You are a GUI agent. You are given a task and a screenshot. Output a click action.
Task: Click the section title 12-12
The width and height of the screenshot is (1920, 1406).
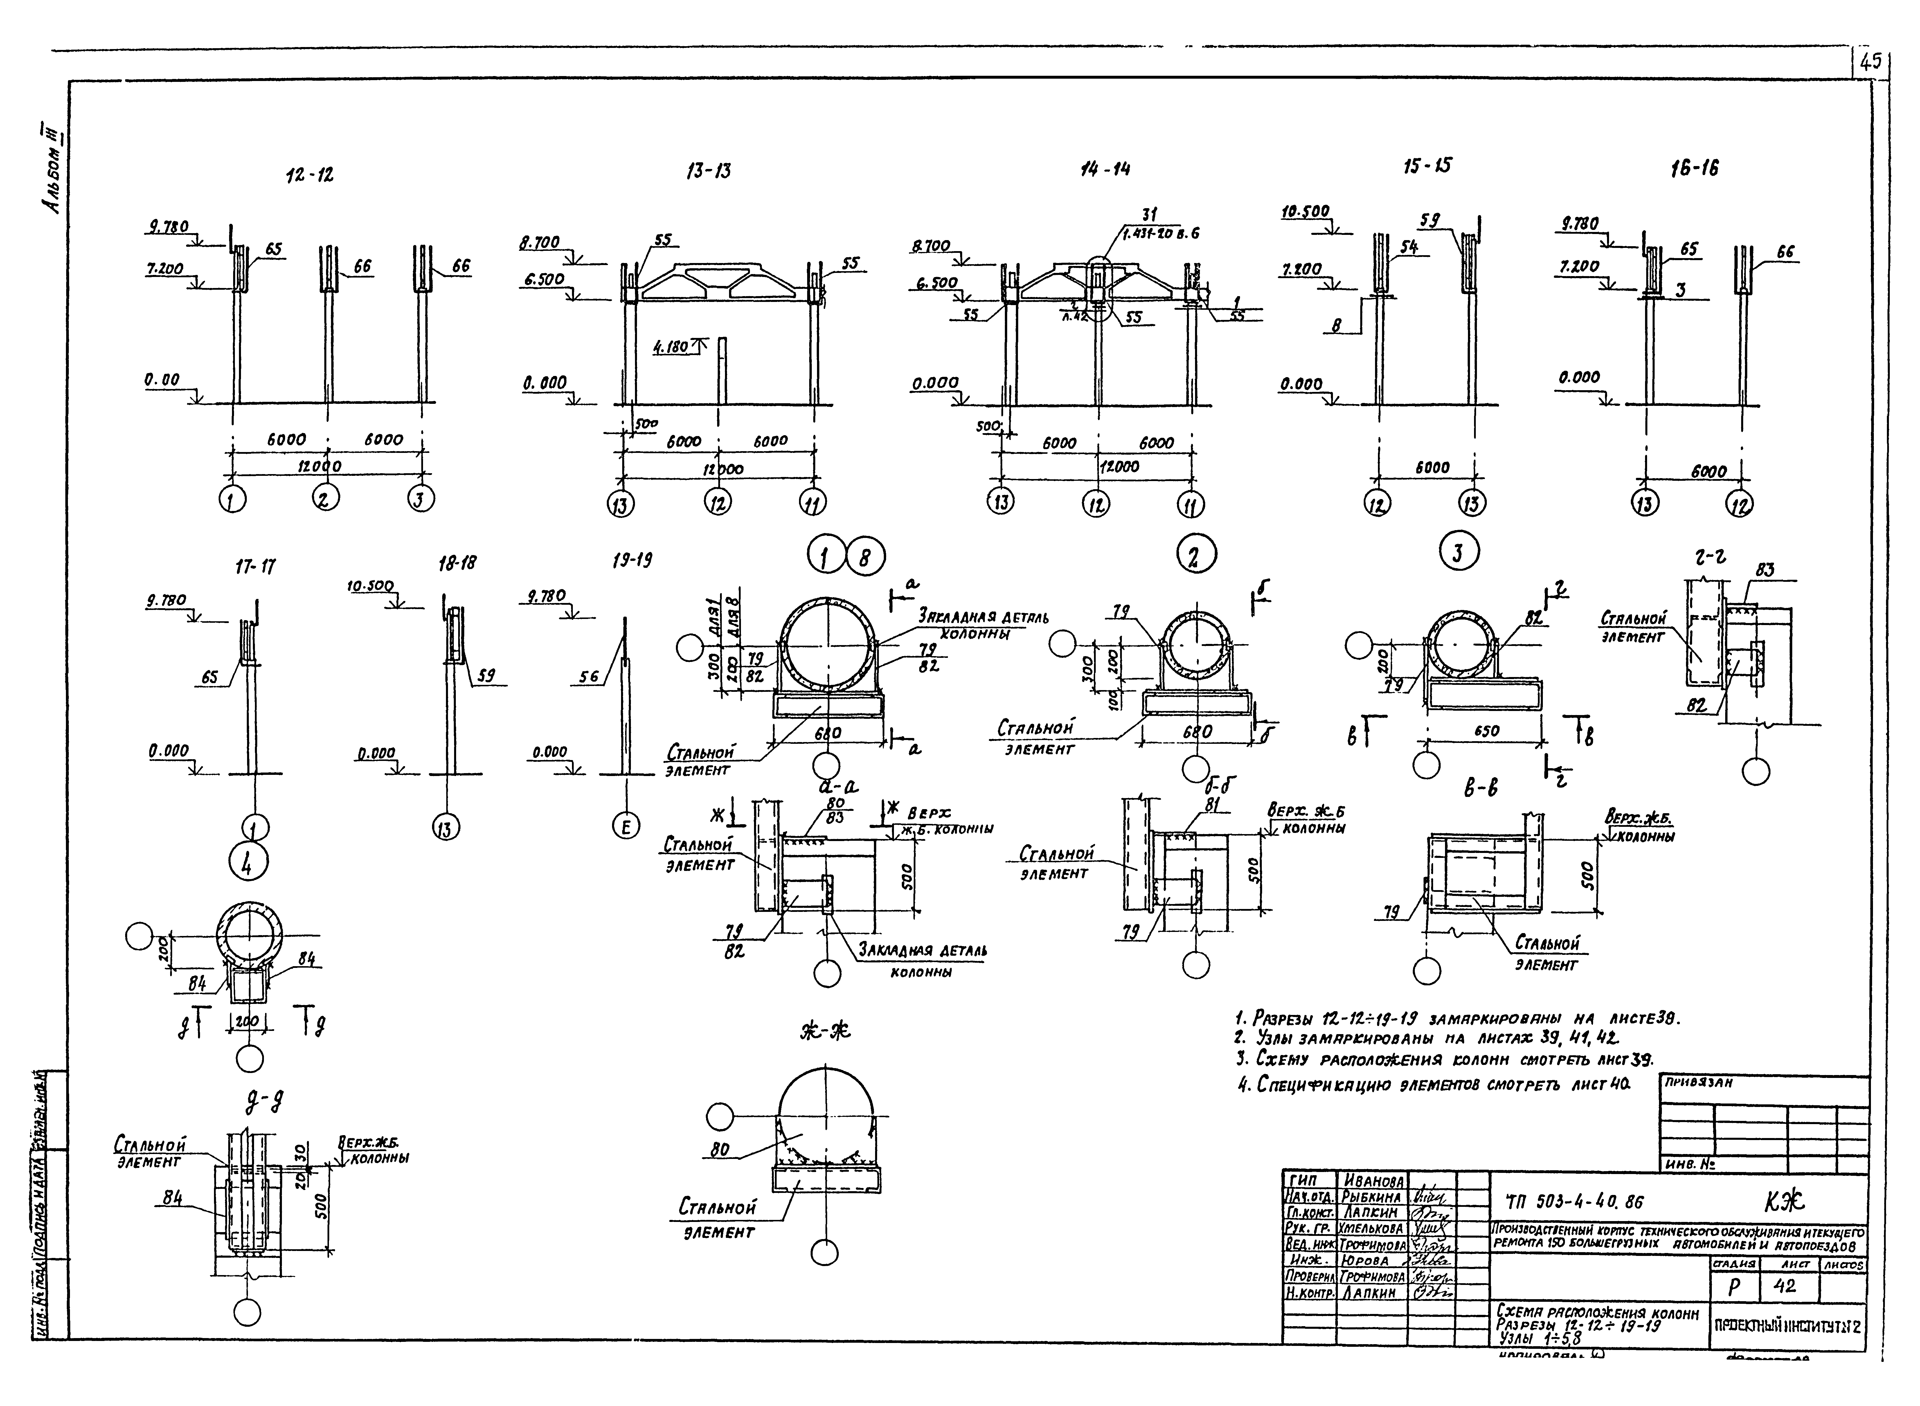click(x=310, y=175)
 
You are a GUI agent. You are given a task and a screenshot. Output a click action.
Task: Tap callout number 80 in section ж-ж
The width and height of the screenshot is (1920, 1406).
click(x=720, y=1150)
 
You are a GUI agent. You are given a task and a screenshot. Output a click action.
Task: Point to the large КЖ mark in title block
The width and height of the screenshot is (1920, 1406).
click(x=1784, y=1200)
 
